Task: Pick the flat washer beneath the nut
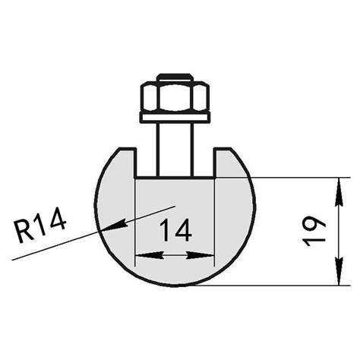pos(175,117)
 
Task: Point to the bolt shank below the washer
pos(175,148)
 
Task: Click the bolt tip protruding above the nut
pos(175,76)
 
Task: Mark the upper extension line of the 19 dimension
pos(296,178)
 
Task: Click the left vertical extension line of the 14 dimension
pos(135,220)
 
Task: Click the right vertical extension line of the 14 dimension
pos(215,220)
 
